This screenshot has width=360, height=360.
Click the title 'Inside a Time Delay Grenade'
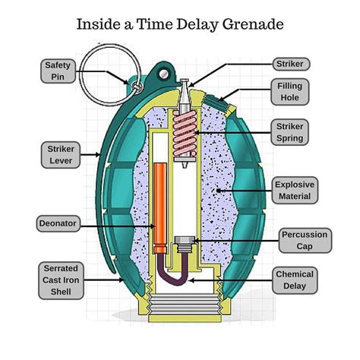pyautogui.click(x=180, y=24)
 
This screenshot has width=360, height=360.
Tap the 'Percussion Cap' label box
pyautogui.click(x=304, y=240)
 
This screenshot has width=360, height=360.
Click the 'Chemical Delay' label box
pyautogui.click(x=295, y=279)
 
